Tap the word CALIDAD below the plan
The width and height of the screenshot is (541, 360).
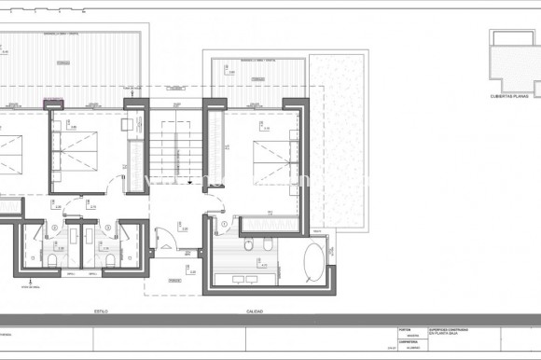point(254,312)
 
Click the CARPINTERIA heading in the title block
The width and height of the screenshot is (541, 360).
point(408,342)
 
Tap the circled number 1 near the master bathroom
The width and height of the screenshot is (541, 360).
point(225,225)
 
